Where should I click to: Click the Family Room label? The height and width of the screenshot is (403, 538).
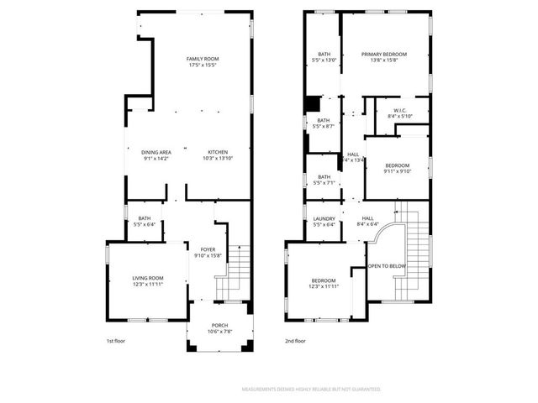point(202,58)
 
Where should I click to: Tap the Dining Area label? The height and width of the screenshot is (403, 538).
point(156,152)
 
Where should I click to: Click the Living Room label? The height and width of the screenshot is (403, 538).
point(147,278)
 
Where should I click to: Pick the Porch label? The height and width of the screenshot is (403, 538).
point(219,325)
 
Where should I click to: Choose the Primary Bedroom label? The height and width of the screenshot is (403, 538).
point(384,55)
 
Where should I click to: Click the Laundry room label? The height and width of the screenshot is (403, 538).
point(324,218)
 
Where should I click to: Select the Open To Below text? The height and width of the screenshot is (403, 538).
point(387,266)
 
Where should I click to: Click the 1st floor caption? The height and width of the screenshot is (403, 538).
point(117,342)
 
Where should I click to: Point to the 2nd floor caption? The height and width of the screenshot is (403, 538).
point(295,342)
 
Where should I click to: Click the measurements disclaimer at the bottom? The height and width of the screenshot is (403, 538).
point(311,390)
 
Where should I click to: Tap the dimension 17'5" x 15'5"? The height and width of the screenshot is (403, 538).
point(202,64)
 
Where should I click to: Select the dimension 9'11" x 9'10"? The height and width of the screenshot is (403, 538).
point(398,171)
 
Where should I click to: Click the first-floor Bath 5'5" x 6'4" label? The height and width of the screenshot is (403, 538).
point(145,221)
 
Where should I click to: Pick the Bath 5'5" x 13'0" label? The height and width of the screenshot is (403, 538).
point(324,58)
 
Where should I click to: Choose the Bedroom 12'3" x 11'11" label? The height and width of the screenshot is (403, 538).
point(324,283)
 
